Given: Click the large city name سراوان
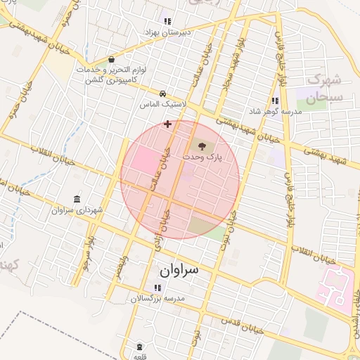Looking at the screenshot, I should [x=179, y=269].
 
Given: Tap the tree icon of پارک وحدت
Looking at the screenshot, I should [x=202, y=146].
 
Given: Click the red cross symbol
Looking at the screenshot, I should [x=167, y=124].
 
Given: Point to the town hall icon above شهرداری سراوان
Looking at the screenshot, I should [x=77, y=199].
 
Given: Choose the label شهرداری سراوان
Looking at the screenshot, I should [x=77, y=210].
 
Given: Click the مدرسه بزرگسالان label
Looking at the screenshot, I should [x=157, y=299].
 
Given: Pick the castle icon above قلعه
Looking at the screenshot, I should [x=139, y=347].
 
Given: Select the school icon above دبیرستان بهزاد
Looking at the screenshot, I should [x=167, y=21].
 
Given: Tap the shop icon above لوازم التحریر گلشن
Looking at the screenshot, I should [x=112, y=60].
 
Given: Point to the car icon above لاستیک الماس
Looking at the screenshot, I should [x=163, y=93].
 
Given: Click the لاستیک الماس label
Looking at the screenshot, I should [x=164, y=103].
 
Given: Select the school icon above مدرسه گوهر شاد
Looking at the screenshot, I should [x=275, y=101].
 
